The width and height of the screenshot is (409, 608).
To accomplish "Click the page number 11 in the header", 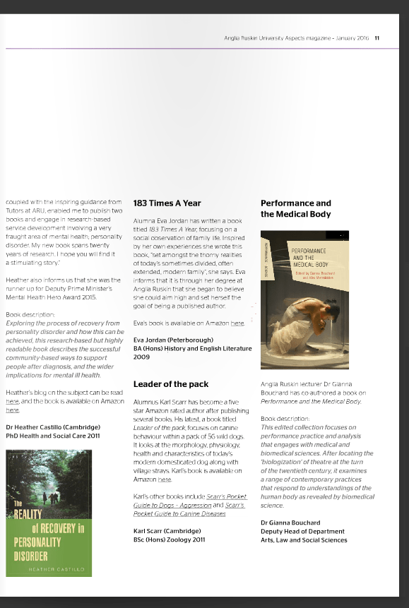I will [x=377, y=38].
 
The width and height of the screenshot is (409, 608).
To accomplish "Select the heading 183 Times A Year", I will [x=167, y=203].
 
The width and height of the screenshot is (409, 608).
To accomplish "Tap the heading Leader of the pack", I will [x=170, y=384].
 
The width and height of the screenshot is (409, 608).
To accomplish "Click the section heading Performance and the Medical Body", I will [x=295, y=208].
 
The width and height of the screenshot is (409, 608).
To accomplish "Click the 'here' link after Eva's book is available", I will [x=237, y=323].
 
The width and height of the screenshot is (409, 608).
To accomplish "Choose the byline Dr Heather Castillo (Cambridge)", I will [x=52, y=427].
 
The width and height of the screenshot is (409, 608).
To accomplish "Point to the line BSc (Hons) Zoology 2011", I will [x=169, y=540].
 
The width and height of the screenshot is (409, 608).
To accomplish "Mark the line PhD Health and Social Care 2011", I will [x=52, y=436].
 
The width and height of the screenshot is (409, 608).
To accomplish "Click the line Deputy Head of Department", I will [x=303, y=531].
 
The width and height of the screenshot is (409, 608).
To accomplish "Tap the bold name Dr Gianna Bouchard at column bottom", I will [x=291, y=522].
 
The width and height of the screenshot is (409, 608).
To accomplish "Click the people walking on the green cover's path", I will [x=51, y=497].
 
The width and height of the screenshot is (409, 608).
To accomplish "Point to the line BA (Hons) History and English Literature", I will [x=192, y=349].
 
